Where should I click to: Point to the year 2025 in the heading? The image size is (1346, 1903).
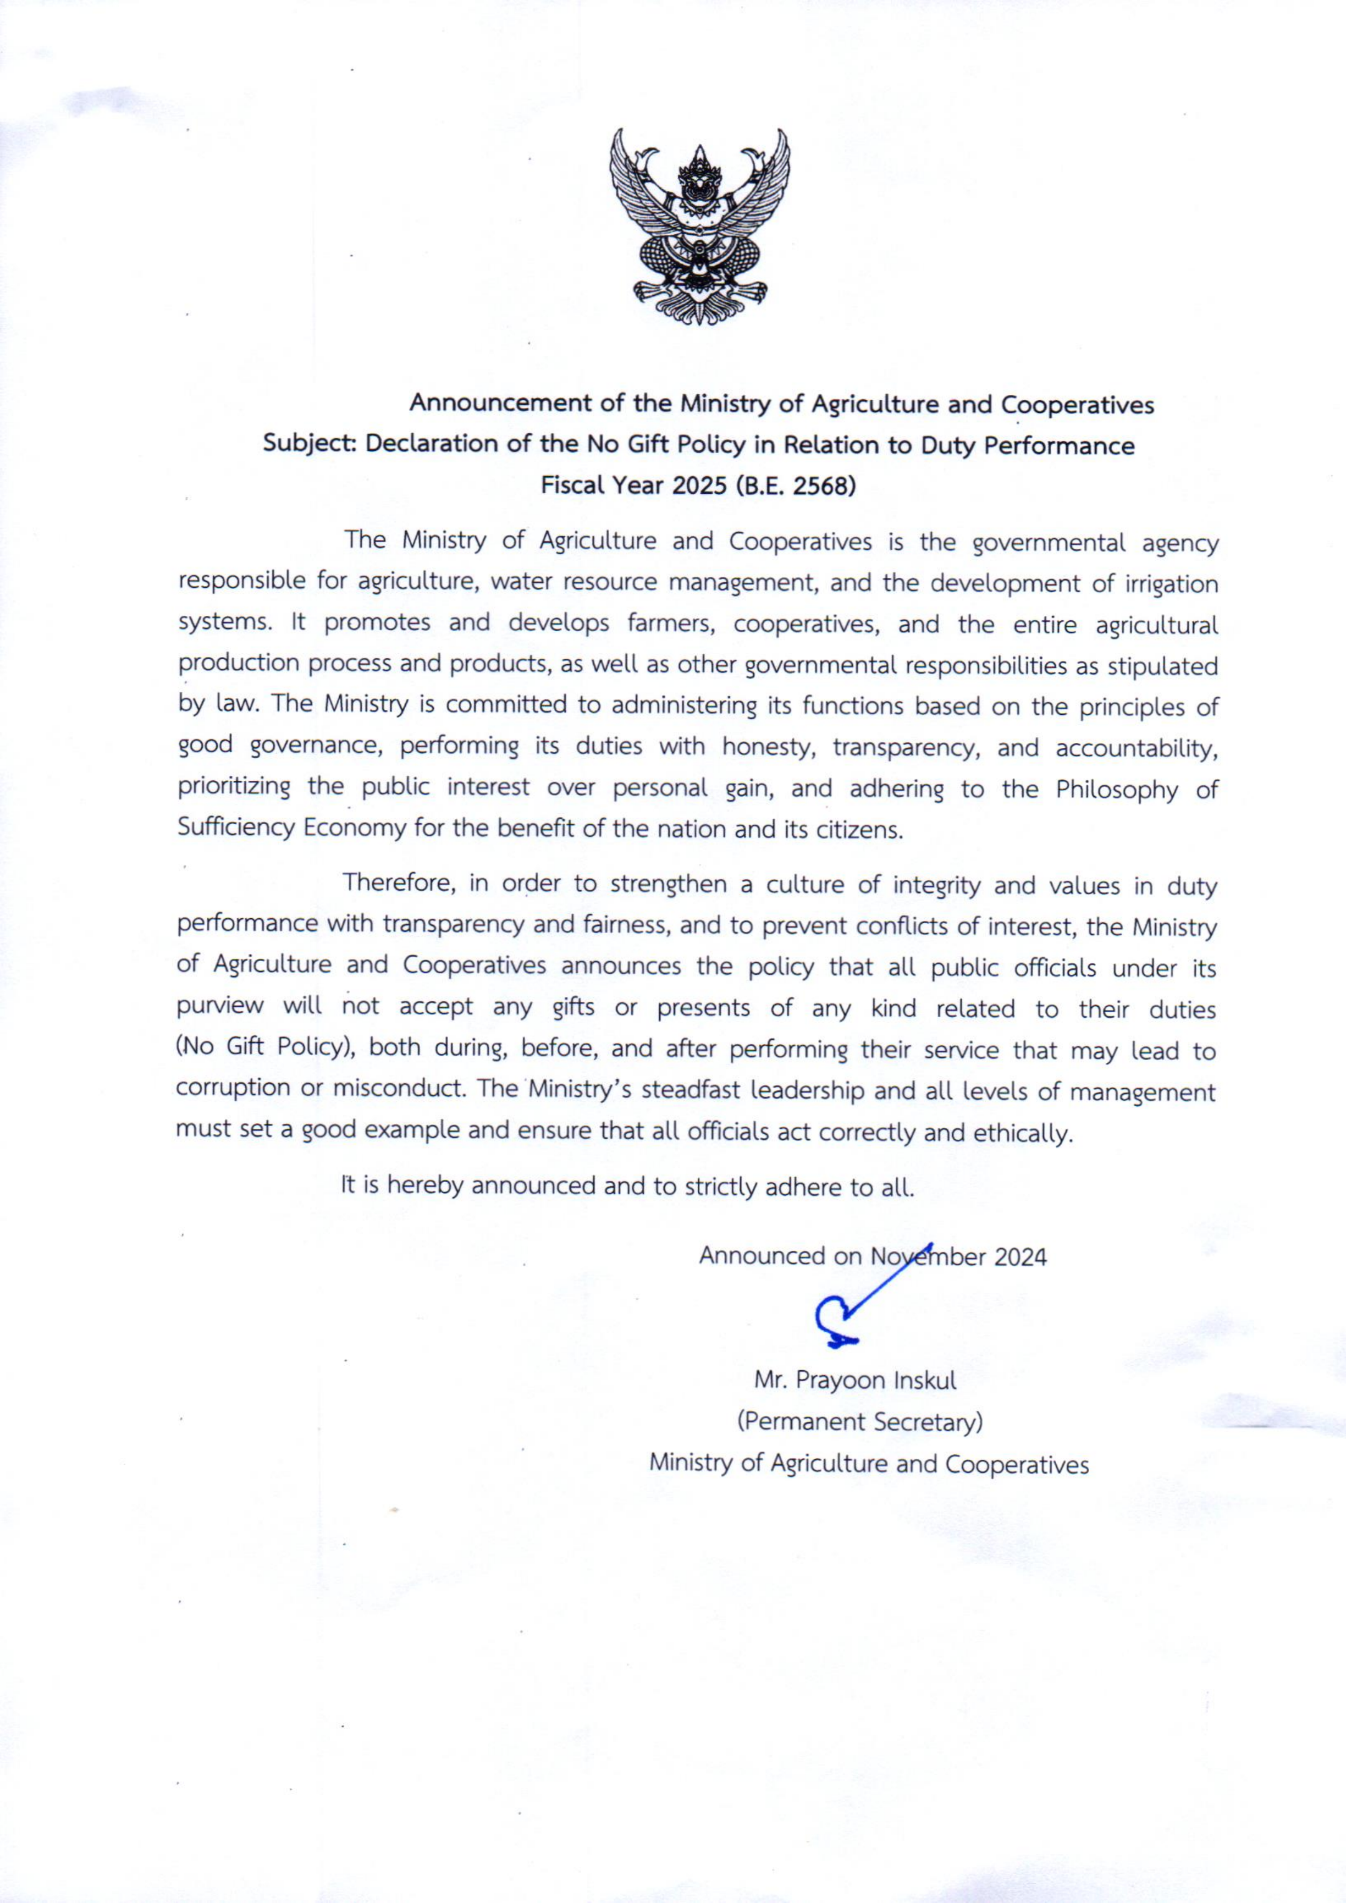click(699, 485)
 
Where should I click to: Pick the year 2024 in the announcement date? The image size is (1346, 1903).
click(1020, 1257)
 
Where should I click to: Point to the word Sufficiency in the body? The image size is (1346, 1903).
click(236, 828)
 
